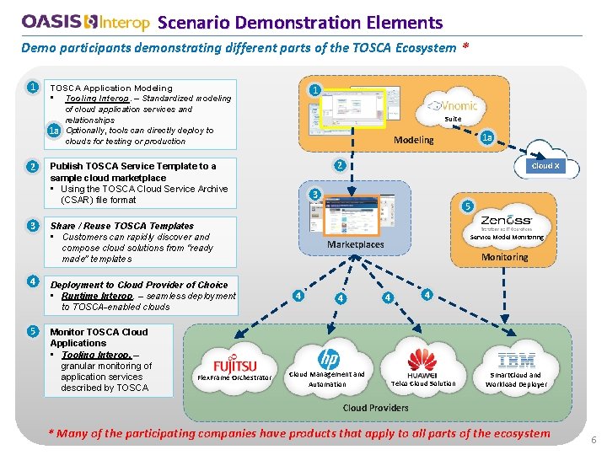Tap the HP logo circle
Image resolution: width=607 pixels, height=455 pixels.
tap(328, 358)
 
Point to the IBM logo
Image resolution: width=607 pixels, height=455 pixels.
tap(516, 361)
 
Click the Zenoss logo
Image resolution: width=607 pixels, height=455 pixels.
tap(506, 221)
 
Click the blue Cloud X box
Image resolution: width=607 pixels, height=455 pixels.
tap(544, 166)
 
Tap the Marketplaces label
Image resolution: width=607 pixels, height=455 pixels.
tap(355, 244)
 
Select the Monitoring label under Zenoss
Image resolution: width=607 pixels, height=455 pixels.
tap(504, 257)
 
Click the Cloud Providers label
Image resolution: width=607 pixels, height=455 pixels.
tap(375, 408)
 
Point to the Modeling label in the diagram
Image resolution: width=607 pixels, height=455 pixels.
tap(414, 140)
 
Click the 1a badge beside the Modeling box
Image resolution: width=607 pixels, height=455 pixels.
tap(487, 136)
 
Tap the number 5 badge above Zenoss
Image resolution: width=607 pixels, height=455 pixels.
tap(468, 206)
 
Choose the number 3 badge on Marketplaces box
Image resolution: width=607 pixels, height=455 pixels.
tap(314, 195)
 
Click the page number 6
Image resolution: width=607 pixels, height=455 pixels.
tap(594, 440)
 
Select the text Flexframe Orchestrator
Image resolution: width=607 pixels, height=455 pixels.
tap(234, 377)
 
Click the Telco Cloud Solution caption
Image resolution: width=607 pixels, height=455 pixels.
tap(423, 383)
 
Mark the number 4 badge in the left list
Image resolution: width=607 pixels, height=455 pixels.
tap(31, 281)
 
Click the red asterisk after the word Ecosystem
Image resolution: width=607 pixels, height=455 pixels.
tap(465, 48)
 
